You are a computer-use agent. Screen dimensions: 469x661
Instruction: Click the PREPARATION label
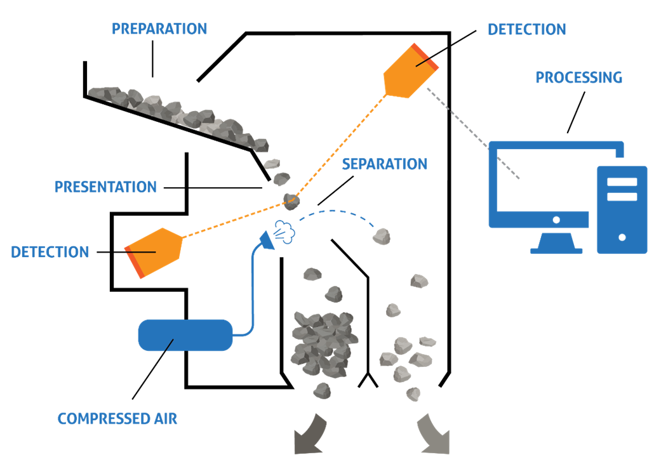point(159,29)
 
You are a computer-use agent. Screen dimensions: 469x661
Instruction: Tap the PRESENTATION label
point(105,187)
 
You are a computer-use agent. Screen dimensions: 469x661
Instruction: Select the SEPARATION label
point(384,164)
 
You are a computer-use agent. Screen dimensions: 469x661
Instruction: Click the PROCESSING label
point(578,77)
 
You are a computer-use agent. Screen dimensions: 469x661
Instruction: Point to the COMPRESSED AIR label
point(117,419)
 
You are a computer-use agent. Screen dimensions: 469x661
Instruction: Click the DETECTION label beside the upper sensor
point(526,30)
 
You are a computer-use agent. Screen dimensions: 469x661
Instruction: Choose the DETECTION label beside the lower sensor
point(50,252)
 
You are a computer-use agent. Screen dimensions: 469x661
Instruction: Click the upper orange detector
point(409,70)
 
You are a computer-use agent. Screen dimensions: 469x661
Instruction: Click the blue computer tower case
point(622,209)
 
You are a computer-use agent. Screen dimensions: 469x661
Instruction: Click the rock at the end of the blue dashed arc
point(381,237)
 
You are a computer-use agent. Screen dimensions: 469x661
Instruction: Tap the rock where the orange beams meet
point(291,202)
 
